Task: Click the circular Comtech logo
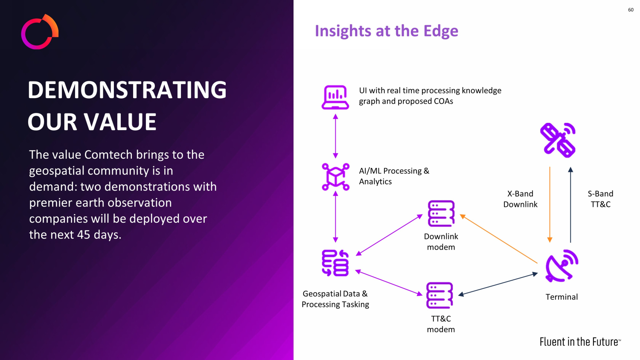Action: coord(39,32)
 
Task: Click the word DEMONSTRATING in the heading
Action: coord(127,90)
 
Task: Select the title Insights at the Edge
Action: coord(386,31)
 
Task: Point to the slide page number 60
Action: coord(631,10)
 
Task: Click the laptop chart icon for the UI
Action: coord(335,97)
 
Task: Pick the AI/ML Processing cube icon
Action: coord(335,177)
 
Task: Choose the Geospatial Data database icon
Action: coord(335,263)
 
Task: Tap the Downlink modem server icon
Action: coord(441,213)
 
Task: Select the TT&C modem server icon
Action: coord(439,295)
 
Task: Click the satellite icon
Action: coord(558,140)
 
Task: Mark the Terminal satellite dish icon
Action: coord(561,266)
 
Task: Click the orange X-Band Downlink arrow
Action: coord(550,205)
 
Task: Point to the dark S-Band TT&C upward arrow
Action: coord(570,205)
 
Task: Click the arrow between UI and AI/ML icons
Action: coord(335,136)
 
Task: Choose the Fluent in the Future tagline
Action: coord(580,342)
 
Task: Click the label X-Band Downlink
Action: coord(520,199)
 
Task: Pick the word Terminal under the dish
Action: coord(561,297)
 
